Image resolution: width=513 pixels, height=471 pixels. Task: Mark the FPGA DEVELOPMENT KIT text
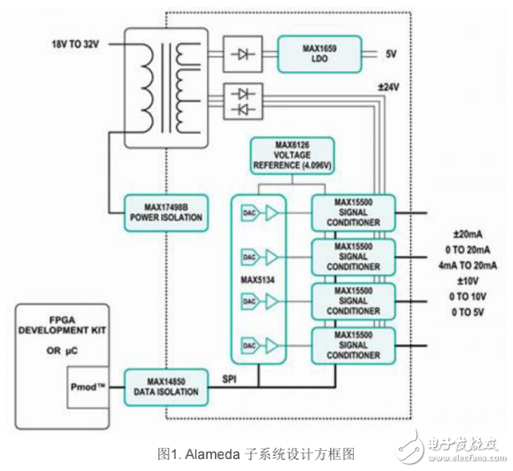pyautogui.click(x=63, y=324)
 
